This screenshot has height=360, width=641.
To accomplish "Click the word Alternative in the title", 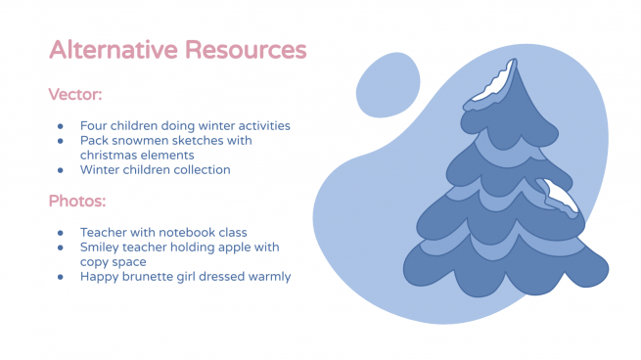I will coord(109,49).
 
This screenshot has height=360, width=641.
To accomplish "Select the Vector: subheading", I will coord(75,95).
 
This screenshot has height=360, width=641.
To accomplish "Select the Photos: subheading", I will coord(77,202).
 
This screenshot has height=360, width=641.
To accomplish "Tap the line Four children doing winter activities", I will coord(185,125).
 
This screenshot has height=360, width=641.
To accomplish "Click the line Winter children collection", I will coord(155,169).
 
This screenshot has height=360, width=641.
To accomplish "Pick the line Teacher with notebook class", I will coord(162,233).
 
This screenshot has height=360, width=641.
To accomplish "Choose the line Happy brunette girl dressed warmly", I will coord(185,276).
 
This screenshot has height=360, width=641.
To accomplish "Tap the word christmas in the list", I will coord(110,155).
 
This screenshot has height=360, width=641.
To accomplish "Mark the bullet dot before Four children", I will coord(61,126).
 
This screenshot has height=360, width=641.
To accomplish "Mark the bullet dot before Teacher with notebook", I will coord(61,234).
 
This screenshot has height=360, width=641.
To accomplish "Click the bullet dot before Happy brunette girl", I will coord(61,277).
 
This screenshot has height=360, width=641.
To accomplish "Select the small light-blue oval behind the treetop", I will coord(388,85).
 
